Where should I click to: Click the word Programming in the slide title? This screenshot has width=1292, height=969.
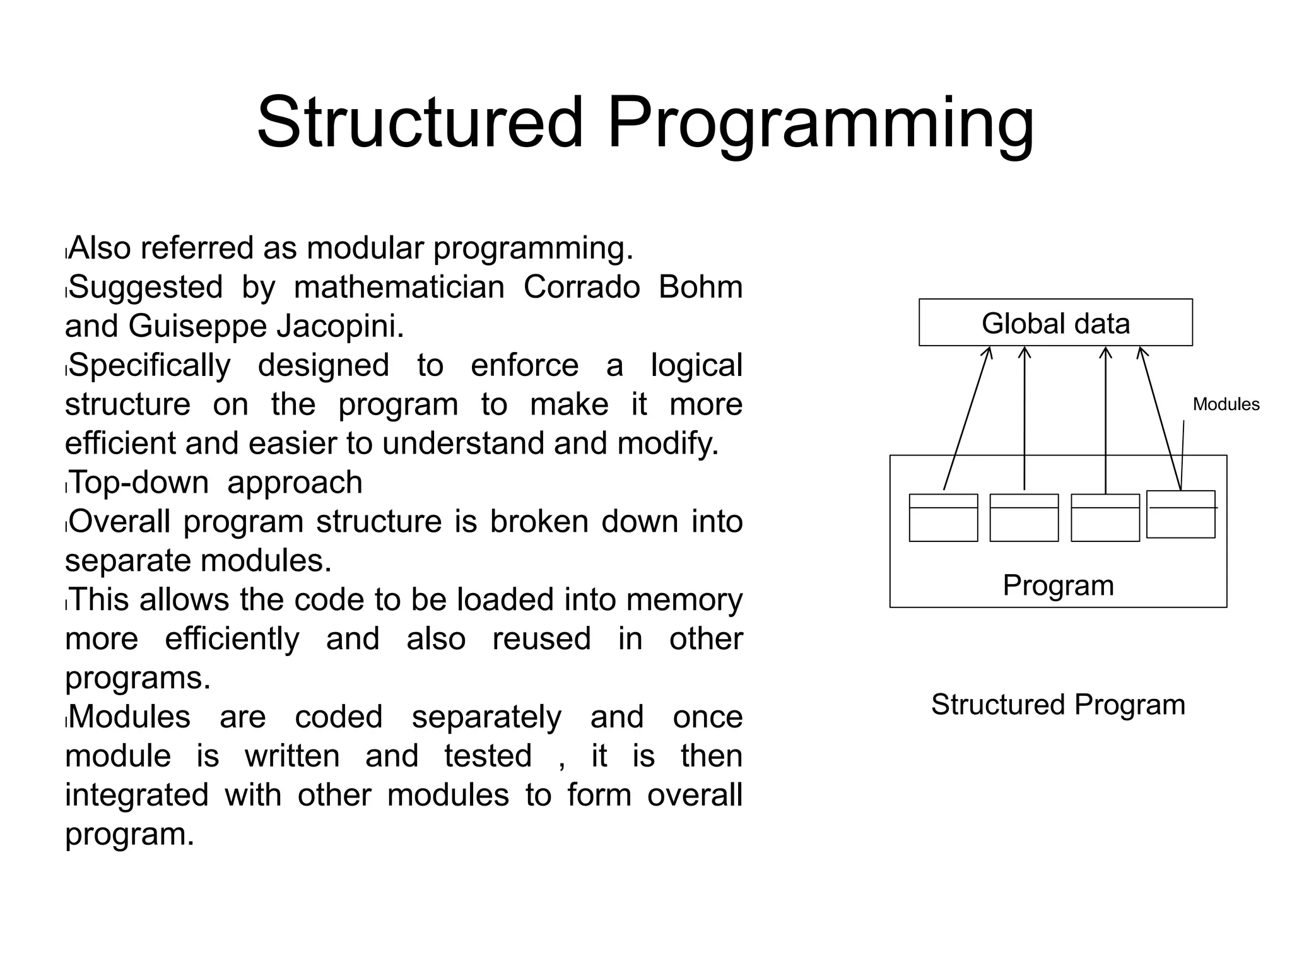click(x=820, y=123)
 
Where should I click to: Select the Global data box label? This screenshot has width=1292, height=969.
click(x=1055, y=324)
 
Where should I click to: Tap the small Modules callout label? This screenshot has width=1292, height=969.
click(x=1226, y=404)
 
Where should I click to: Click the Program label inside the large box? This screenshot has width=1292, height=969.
click(x=1058, y=585)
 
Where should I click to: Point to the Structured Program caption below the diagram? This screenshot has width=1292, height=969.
click(x=1058, y=705)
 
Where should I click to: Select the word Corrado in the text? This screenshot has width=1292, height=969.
click(x=582, y=287)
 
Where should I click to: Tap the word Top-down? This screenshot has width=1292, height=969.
click(x=139, y=483)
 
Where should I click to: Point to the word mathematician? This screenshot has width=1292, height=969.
click(x=399, y=287)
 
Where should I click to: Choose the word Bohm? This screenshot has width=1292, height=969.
click(x=700, y=287)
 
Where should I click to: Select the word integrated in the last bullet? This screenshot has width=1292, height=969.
click(x=136, y=795)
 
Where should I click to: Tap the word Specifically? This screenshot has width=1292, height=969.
click(x=150, y=365)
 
